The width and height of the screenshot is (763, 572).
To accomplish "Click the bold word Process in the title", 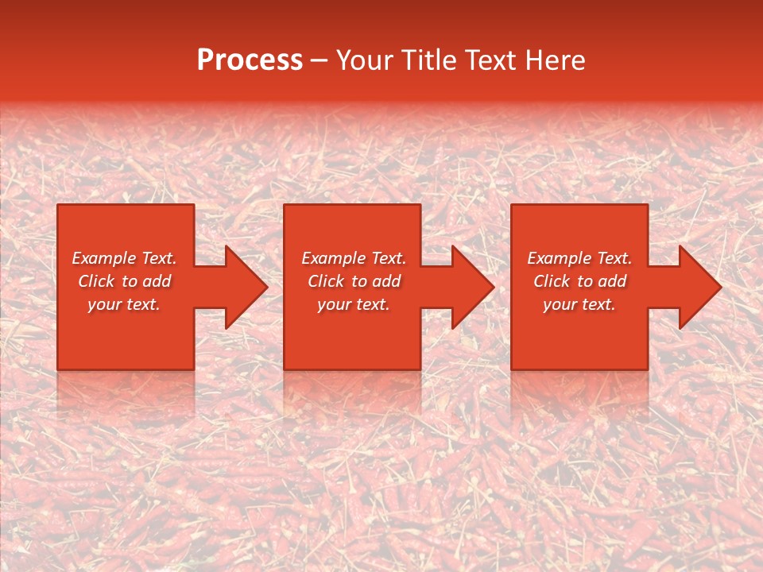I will (250, 60).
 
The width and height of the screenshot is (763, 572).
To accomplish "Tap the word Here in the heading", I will (554, 60).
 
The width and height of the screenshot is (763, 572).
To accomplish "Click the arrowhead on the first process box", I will (242, 287).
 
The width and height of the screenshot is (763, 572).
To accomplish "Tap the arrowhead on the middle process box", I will (470, 287).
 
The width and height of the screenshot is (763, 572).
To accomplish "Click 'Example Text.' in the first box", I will (125, 258).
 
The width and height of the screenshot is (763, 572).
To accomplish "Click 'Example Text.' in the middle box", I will (354, 258).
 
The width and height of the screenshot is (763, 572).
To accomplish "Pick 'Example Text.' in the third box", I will (579, 258).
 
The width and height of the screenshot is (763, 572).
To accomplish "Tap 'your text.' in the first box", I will (124, 304).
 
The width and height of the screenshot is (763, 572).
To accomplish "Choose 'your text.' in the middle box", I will (354, 304).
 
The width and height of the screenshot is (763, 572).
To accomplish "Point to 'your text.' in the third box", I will (579, 304).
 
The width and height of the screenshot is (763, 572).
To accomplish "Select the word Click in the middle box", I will (326, 281).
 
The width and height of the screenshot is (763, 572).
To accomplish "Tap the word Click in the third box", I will (552, 281).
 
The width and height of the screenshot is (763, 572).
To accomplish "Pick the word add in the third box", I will (613, 281).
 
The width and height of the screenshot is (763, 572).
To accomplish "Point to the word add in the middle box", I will (387, 281).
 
